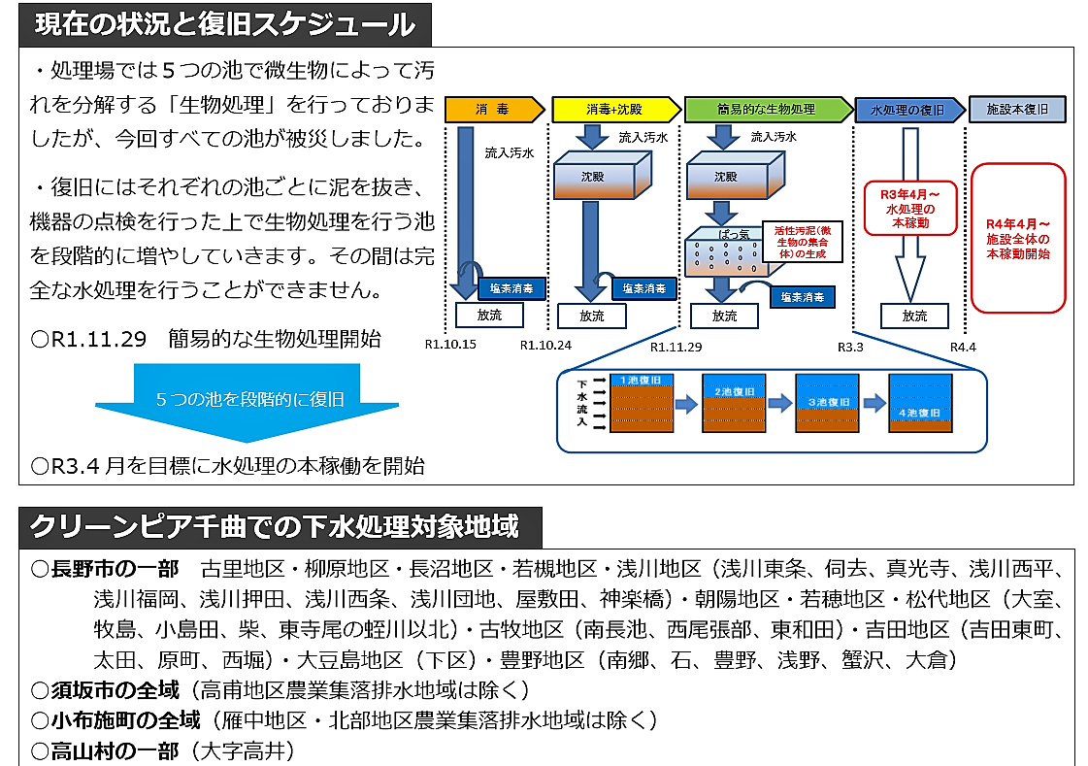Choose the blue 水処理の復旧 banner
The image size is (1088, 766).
click(x=907, y=109)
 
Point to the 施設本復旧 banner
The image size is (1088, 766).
click(x=1017, y=109)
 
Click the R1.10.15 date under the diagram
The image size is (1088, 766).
click(x=450, y=345)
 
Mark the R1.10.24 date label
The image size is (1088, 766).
click(x=545, y=345)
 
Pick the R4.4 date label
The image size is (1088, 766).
click(x=963, y=346)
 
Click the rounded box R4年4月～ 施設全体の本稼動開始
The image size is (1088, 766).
click(x=1018, y=239)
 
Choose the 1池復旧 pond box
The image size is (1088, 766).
click(x=642, y=403)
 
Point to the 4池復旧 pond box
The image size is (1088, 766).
click(x=920, y=402)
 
